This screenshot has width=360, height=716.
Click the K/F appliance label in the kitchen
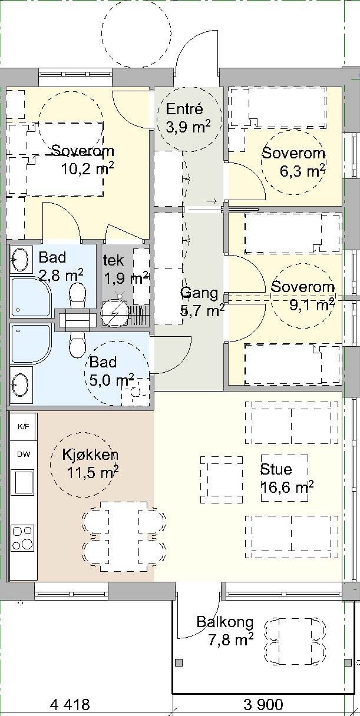[x=24, y=426]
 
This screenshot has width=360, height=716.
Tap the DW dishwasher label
[x=24, y=455]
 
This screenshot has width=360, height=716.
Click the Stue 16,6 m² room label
[x=285, y=478]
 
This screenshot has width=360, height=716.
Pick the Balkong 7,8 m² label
[x=225, y=630]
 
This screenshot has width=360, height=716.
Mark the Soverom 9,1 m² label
[x=302, y=296]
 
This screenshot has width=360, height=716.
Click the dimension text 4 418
[x=70, y=704]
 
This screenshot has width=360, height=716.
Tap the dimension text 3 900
[x=263, y=704]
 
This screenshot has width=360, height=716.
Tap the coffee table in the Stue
[x=222, y=480]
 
